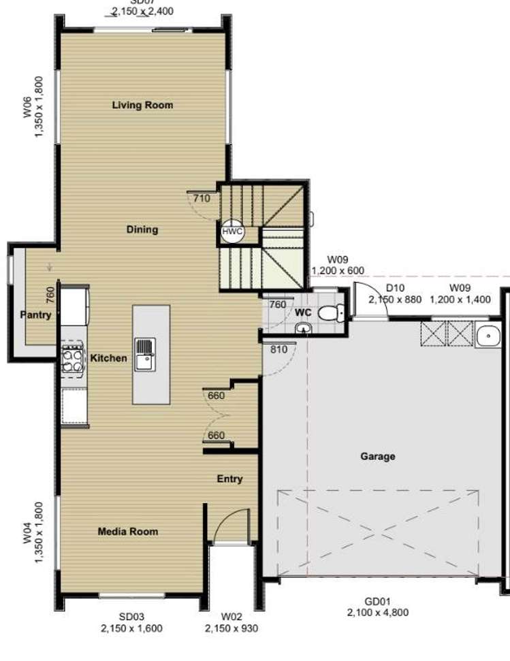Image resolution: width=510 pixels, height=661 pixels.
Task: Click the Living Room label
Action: pos(142,105)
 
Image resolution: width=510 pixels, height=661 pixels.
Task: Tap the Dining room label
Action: pos(142,229)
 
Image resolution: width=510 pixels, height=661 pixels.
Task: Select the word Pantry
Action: pos(35,315)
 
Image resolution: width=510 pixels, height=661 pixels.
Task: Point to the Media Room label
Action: pos(127,531)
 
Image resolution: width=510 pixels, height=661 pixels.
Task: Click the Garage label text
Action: pos(378,456)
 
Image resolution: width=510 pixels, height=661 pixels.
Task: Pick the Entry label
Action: pos(229,479)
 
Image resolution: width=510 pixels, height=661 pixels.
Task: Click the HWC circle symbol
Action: pos(232,231)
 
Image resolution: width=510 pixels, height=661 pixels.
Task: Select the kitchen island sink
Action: pos(144,354)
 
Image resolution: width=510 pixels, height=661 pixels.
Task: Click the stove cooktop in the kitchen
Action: pos(72,359)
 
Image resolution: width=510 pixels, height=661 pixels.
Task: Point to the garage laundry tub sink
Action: pos(488,335)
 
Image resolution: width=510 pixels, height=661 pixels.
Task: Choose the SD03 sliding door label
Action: pos(131,617)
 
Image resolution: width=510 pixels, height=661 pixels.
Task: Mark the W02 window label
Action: pos(231,617)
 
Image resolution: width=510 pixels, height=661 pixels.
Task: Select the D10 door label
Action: pos(395,288)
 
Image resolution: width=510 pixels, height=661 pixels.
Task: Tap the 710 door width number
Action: pos(201,198)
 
